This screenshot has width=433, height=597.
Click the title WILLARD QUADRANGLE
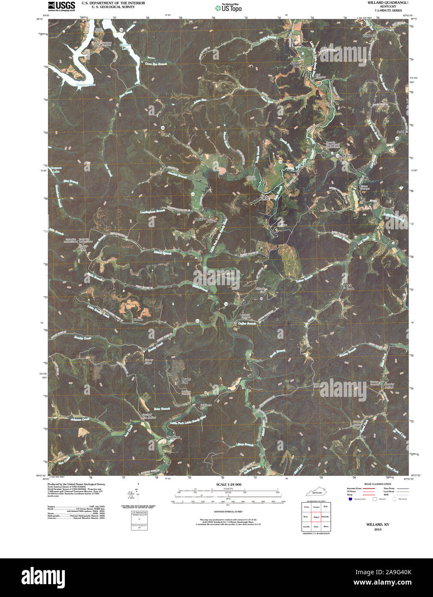click(388, 3)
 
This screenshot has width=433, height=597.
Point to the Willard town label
click(347, 155)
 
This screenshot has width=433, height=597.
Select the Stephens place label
click(173, 437)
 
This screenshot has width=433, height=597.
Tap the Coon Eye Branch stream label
click(156, 63)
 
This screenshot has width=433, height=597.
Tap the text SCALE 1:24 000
click(229, 484)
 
